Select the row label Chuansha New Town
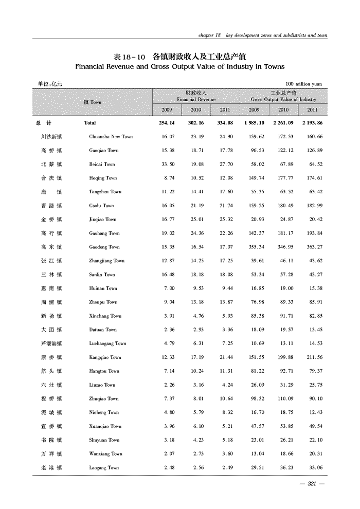[x=111, y=137]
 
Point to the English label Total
[x=89, y=123]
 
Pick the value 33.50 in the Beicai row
[x=167, y=165]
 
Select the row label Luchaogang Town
[x=107, y=343]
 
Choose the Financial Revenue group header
[x=195, y=96]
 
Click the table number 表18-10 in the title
[x=130, y=56]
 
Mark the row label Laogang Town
[x=104, y=467]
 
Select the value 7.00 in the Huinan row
[x=168, y=288]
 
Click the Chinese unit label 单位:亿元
[x=46, y=84]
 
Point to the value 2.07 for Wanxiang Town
[x=168, y=453]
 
